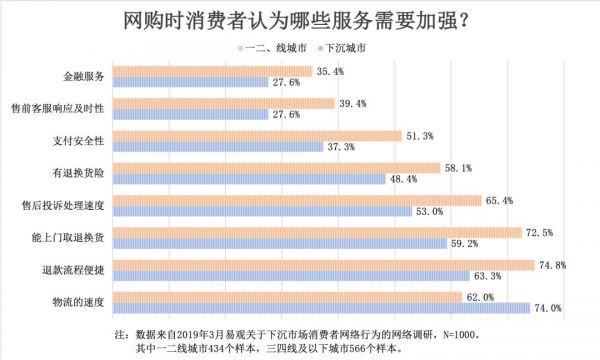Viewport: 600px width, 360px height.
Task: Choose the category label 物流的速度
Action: pyautogui.click(x=81, y=299)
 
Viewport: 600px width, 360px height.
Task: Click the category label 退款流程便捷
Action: pyautogui.click(x=78, y=267)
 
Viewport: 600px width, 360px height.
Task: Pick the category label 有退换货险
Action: pyautogui.click(x=81, y=172)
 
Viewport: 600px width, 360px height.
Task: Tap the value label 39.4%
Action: pyautogui.click(x=353, y=103)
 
